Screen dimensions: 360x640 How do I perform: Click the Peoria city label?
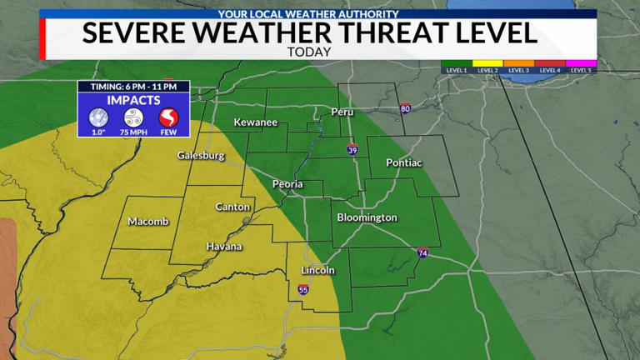[287, 184]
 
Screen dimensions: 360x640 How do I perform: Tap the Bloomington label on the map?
[367, 217]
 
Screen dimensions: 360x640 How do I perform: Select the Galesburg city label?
[201, 156]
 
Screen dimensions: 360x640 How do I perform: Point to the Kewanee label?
[255, 122]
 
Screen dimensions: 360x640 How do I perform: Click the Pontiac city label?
[404, 162]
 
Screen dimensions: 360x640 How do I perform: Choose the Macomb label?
[148, 221]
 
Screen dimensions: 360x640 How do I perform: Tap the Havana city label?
[224, 247]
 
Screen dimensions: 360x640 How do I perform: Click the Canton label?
[232, 207]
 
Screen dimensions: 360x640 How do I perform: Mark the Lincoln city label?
[317, 270]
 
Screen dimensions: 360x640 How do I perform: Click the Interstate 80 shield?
[405, 108]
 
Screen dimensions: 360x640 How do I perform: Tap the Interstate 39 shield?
[353, 150]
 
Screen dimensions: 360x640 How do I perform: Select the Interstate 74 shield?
[422, 252]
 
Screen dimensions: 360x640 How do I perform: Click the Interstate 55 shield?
[302, 289]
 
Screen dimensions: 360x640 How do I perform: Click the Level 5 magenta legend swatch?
[581, 62]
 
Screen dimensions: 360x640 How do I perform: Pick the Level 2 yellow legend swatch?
[487, 62]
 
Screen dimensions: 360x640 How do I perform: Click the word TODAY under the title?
[309, 51]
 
